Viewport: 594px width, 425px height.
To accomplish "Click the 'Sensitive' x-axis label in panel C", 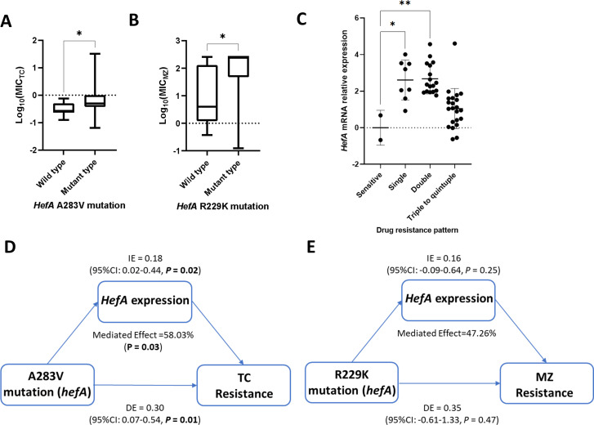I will pos(361,173).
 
